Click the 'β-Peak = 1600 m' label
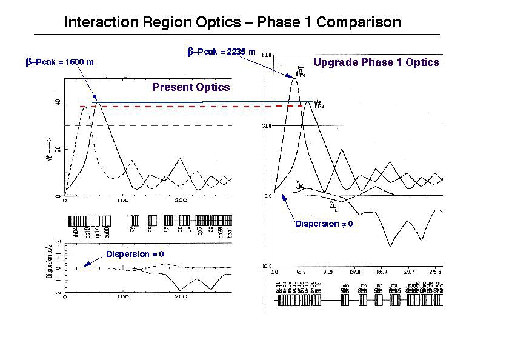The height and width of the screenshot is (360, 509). point(59,62)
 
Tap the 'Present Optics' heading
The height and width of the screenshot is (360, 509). point(191,87)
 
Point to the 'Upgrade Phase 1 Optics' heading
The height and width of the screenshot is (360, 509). point(376,62)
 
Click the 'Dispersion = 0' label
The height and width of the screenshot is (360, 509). point(135,254)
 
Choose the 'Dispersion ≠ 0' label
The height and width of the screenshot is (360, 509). point(323,224)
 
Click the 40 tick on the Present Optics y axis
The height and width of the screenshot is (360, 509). point(58,102)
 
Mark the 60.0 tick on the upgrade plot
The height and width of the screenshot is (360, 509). point(267,55)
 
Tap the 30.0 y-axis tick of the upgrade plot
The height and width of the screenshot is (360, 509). point(267,125)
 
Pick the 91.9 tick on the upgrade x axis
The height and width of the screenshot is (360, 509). point(328,273)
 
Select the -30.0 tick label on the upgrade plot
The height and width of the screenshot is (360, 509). point(266,266)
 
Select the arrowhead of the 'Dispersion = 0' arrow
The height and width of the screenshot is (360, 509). point(83,265)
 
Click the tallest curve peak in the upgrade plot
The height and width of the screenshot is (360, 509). point(295,78)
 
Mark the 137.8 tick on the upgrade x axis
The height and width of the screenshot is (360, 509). point(355,273)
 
